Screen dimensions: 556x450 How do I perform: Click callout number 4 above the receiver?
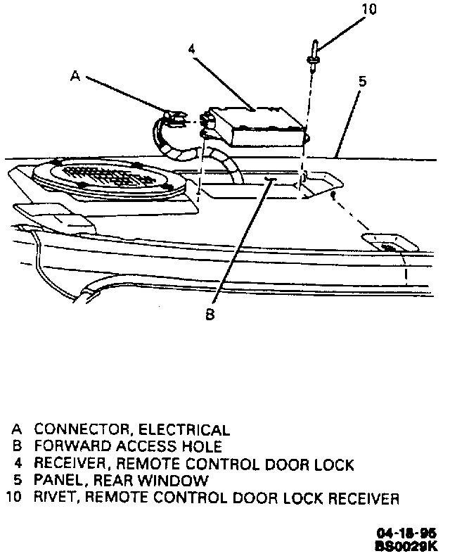coord(191,49)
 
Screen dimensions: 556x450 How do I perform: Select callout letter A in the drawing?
coord(76,78)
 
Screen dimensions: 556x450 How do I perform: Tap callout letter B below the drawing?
coord(209,315)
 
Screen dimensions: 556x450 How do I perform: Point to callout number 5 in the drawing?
coord(361,82)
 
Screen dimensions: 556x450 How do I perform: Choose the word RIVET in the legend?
coord(54,499)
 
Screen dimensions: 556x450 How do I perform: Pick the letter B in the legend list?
coord(17,446)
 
